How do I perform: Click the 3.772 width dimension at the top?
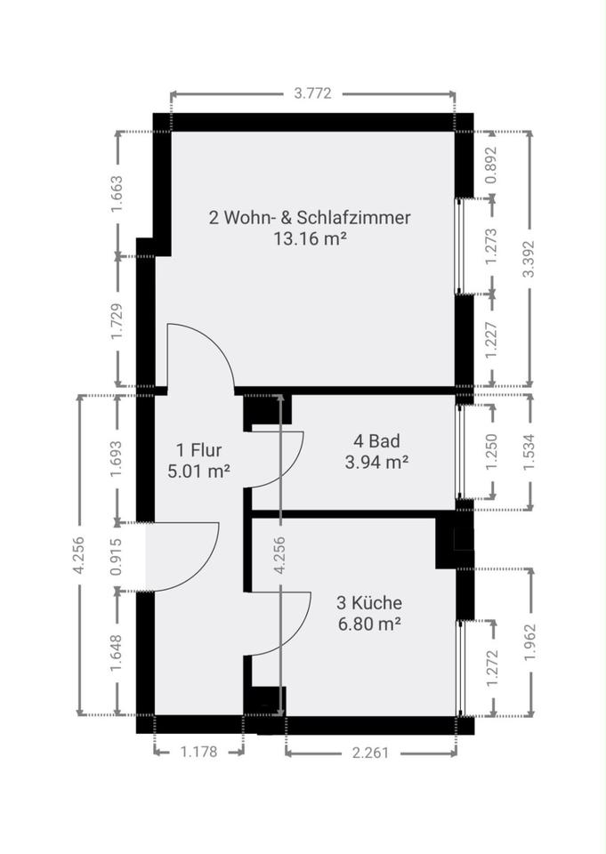point(313,93)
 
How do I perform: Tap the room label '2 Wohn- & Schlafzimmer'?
point(310,218)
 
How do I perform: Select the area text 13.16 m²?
point(310,238)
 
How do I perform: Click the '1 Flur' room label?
point(199,450)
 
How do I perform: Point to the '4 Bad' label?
point(376,440)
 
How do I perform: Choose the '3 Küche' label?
point(369,602)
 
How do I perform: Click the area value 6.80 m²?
point(369,624)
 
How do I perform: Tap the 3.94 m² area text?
point(376,462)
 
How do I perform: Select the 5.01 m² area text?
point(199,471)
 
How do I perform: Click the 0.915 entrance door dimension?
point(116,557)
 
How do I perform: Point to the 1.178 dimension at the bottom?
point(199,753)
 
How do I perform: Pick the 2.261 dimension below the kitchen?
point(370,753)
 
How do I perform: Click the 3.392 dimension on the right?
point(528,259)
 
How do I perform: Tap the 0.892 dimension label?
point(491,165)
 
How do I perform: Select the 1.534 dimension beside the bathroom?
point(528,452)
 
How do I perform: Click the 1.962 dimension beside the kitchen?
point(529,642)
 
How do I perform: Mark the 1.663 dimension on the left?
point(117,194)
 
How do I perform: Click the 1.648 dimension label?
point(116,654)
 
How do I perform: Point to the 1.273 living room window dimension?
point(491,246)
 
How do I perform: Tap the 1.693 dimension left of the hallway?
point(116,459)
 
